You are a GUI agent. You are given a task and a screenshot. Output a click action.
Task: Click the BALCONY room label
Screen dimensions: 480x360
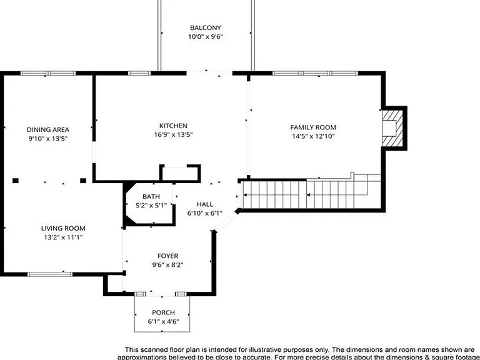[x=206, y=28]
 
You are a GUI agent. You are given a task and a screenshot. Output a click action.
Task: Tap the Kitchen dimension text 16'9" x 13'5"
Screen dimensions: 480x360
[x=173, y=135]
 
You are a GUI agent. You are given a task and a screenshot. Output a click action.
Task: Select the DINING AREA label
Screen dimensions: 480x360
[x=48, y=130]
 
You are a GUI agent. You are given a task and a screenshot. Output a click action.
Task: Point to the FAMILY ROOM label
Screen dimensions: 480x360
[x=313, y=127]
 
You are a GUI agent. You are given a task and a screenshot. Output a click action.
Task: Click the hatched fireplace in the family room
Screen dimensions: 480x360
[x=392, y=128]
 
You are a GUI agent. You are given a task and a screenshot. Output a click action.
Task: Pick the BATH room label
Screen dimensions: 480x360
[x=151, y=196]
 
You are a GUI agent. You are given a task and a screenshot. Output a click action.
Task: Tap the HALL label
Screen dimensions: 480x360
[x=205, y=204]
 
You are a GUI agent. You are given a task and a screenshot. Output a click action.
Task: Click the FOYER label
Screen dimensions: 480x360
[x=167, y=256]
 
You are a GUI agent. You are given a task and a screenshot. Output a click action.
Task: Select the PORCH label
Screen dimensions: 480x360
[x=164, y=312]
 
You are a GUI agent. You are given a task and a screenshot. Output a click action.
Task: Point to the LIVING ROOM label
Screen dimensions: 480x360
[x=63, y=228]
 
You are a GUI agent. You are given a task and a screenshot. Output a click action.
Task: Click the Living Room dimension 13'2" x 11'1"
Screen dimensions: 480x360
[x=63, y=237]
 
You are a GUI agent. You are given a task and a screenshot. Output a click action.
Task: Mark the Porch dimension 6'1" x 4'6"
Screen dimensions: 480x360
[x=164, y=321]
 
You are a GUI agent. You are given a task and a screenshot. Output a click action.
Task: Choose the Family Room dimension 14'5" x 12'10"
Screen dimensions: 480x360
[x=313, y=136]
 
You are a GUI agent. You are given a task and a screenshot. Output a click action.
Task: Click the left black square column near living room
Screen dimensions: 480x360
[x=16, y=181]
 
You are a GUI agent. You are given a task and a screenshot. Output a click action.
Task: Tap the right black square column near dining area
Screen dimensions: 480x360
[x=83, y=181]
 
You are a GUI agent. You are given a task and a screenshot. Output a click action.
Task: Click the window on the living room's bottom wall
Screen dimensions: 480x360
[x=50, y=274]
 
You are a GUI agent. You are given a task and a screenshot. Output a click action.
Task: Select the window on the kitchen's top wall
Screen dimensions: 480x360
[x=139, y=73]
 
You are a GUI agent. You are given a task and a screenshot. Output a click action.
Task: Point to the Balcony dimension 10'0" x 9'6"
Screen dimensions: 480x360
[x=206, y=37]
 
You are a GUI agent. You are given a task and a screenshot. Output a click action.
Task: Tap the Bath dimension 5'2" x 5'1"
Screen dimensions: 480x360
[x=151, y=206]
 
